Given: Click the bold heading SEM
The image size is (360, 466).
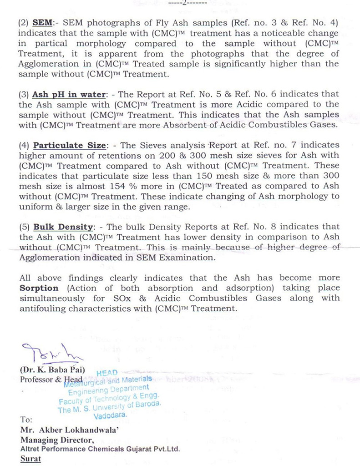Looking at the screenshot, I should [x=41, y=23].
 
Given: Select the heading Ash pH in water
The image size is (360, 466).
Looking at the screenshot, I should [x=68, y=94].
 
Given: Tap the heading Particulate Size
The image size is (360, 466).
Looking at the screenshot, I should [x=69, y=145].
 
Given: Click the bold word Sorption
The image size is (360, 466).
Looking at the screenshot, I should [x=39, y=288].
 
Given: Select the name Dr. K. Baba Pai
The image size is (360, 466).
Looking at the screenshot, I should [x=50, y=369].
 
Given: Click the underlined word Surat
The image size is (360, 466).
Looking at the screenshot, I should [x=30, y=459].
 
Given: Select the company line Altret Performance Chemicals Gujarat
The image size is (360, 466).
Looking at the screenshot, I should [x=100, y=449].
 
